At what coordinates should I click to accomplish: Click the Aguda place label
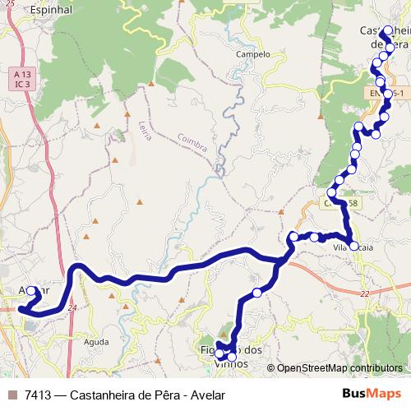tap(95, 340)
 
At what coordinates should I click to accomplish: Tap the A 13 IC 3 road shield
tap(21, 79)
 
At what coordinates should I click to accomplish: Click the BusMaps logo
tap(367, 394)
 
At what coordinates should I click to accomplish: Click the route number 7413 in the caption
tap(38, 395)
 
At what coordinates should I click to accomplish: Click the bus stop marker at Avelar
tap(32, 290)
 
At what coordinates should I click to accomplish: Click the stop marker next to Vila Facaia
tap(354, 245)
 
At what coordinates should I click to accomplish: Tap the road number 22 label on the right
tap(365, 293)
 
